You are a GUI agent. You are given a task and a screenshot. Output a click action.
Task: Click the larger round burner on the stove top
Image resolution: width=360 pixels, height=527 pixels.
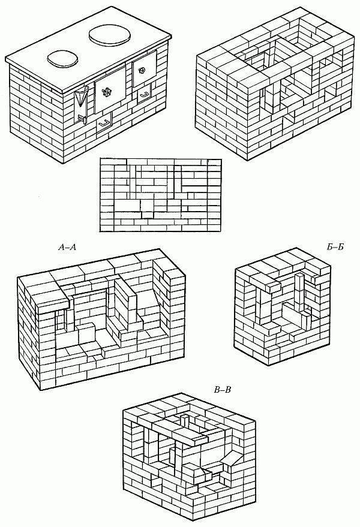[x=110, y=34]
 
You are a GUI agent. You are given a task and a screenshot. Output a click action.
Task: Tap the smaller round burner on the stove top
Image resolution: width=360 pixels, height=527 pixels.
[x=63, y=59]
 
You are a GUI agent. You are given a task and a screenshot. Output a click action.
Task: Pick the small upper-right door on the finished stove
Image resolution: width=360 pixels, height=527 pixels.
[x=143, y=70]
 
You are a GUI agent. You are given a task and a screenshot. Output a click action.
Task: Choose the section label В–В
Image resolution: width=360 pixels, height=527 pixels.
[x=223, y=391]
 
